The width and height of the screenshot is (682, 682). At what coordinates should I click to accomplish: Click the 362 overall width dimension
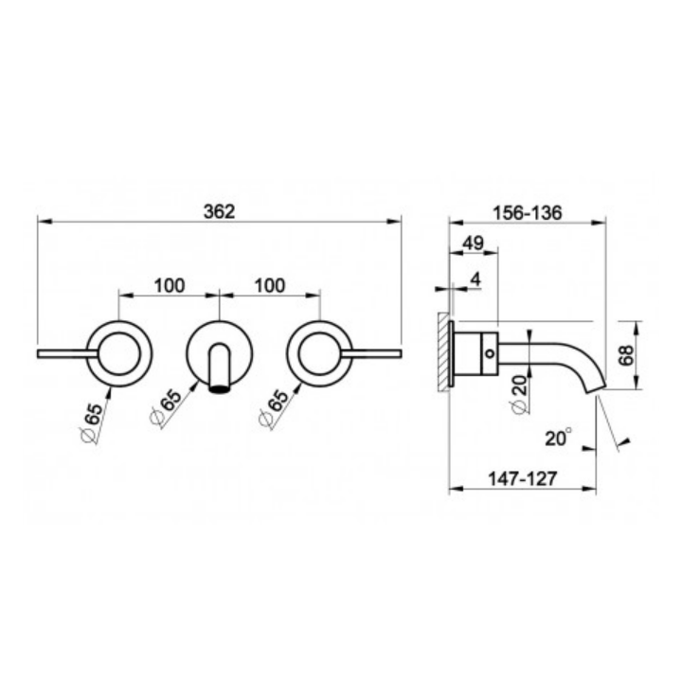pyautogui.click(x=219, y=212)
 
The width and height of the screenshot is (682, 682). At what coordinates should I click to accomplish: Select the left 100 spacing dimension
pyautogui.click(x=170, y=286)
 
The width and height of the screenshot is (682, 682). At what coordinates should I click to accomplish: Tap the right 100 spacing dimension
pyautogui.click(x=270, y=286)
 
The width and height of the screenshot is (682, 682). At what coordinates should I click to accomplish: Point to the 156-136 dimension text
pyautogui.click(x=528, y=213)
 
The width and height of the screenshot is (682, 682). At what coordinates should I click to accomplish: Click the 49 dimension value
pyautogui.click(x=474, y=242)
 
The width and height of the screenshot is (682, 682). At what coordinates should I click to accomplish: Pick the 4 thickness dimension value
pyautogui.click(x=476, y=279)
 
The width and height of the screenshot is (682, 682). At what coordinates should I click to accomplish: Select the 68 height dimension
pyautogui.click(x=626, y=355)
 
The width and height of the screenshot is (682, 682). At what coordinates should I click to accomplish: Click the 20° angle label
pyautogui.click(x=559, y=438)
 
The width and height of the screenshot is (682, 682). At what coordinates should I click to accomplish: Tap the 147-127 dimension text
pyautogui.click(x=522, y=479)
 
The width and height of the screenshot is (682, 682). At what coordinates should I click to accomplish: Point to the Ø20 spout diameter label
pyautogui.click(x=519, y=394)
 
